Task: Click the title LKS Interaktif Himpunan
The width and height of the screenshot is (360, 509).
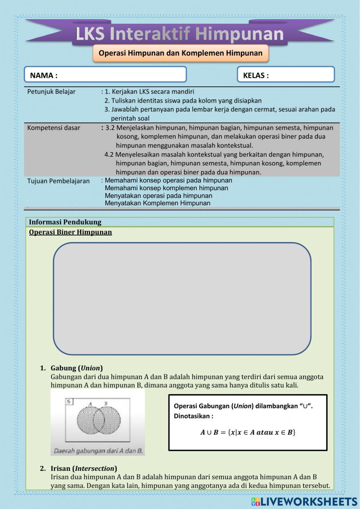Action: pos(180,34)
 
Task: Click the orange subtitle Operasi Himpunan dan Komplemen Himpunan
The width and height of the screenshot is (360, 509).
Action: pos(180,53)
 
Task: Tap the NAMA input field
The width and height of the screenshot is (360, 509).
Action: pos(105,75)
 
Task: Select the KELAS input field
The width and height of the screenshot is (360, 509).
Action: pos(286,75)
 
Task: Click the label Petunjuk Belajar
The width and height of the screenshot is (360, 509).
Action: pos(51,91)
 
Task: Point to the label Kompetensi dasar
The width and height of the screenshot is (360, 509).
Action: pos(54,128)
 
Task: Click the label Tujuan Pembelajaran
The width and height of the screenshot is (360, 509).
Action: pos(58,181)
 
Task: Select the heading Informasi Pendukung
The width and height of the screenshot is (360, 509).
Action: pos(65,222)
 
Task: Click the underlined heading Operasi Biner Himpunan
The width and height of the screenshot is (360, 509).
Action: pos(71,232)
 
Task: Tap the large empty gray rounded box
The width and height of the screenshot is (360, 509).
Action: pos(182,298)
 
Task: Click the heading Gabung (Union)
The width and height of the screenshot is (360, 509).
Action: pos(76,368)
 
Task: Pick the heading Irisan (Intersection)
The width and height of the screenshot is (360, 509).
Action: pos(84,468)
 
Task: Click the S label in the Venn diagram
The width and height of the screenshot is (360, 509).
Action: pos(68,401)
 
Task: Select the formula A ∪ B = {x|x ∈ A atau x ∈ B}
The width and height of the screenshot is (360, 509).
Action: pos(248,432)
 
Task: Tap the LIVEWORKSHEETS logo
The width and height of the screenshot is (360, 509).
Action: pos(305,501)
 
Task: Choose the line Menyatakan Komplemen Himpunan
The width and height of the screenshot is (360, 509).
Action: pos(157,203)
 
